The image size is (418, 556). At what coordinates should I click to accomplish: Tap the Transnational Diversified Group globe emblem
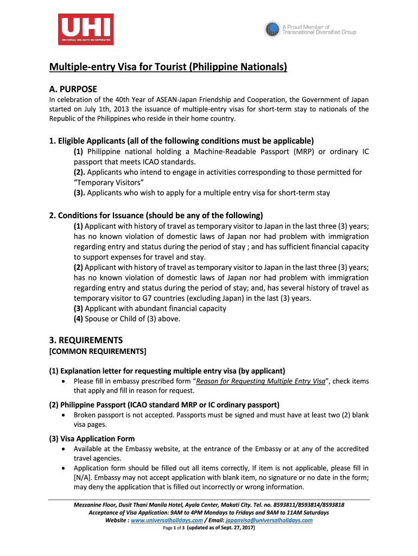tap(272, 29)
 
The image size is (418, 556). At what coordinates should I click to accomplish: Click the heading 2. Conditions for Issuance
tap(156, 214)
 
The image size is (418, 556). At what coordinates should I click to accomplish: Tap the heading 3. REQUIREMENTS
tap(86, 340)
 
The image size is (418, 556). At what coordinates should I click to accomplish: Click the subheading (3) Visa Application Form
tap(92, 439)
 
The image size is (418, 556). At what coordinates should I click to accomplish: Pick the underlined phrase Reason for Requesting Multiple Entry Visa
tap(261, 381)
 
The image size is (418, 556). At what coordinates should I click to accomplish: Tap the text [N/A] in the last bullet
tap(82, 477)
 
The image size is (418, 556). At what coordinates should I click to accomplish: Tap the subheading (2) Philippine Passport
tap(164, 405)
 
